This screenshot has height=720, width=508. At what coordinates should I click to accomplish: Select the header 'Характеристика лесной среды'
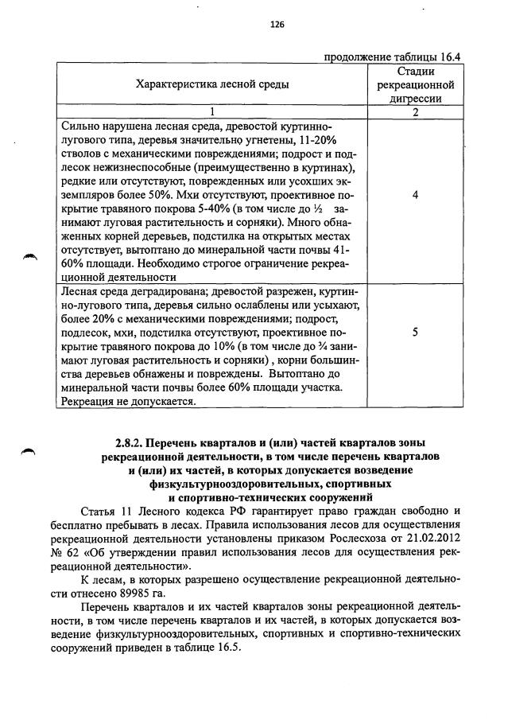(x=212, y=84)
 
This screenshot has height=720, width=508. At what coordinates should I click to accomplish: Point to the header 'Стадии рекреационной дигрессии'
(x=415, y=84)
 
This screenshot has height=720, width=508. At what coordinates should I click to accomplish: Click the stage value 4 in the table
(x=415, y=194)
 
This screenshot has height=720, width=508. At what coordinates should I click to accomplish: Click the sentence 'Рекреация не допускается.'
(x=128, y=402)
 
